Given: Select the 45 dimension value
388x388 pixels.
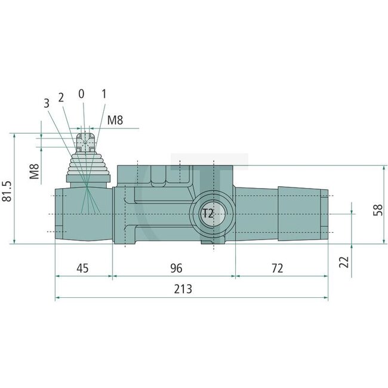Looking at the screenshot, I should (x=82, y=267).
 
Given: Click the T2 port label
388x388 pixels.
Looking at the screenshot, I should (x=207, y=214).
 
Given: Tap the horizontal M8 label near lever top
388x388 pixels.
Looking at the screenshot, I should (x=115, y=121).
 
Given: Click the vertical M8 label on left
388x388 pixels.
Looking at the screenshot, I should (x=35, y=171).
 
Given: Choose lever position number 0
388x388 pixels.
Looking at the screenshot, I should (x=82, y=94).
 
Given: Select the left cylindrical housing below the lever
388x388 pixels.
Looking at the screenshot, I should (x=82, y=214).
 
